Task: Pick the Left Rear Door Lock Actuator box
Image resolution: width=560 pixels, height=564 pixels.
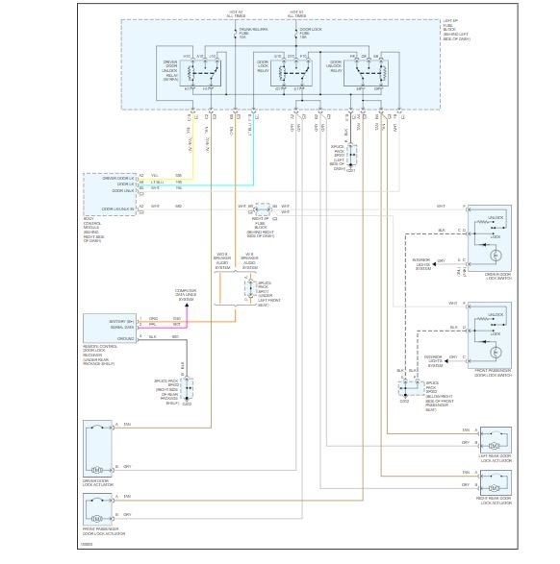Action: [x=496, y=441]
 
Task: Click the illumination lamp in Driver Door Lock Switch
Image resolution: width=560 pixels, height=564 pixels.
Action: [x=496, y=257]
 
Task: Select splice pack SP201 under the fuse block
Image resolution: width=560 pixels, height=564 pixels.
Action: [x=350, y=156]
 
